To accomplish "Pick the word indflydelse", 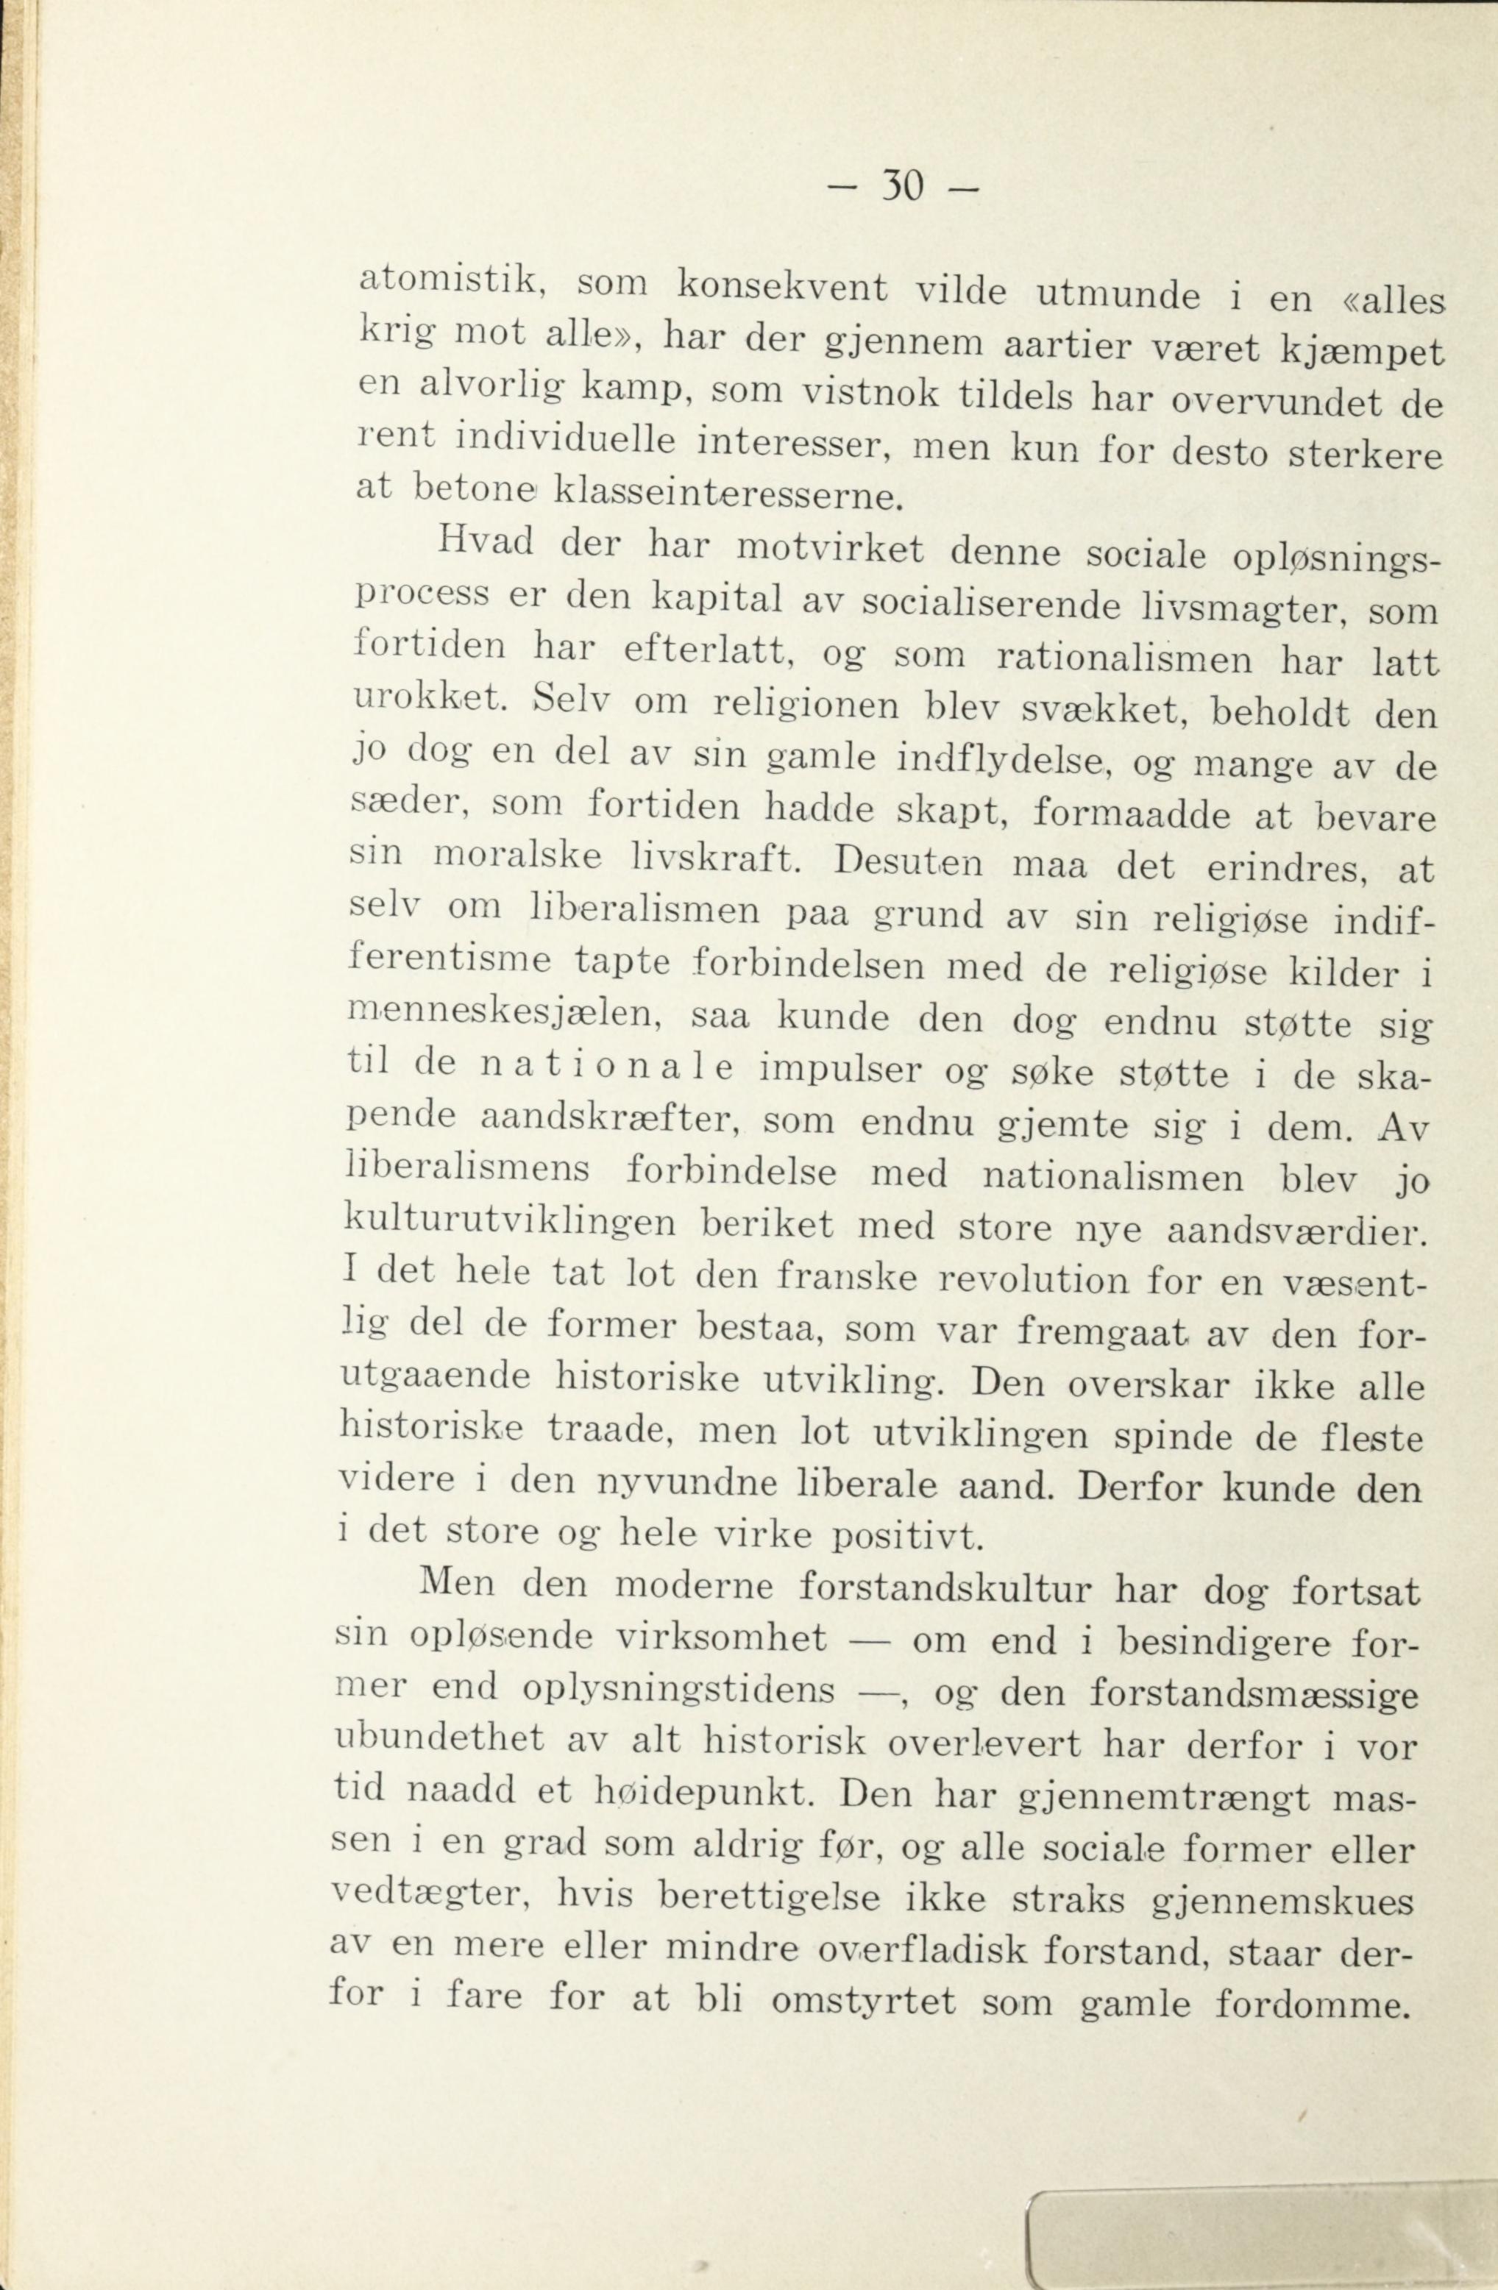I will pos(997,761).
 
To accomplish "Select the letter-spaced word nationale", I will pos(606,1068).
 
